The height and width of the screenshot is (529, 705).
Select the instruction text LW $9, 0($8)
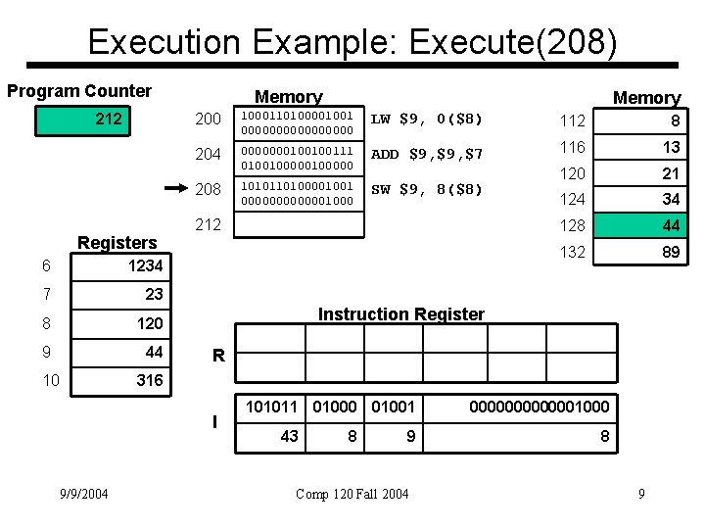coord(423,120)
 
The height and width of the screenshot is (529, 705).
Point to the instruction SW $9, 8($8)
coord(427,189)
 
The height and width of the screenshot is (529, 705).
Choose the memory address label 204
coord(209,155)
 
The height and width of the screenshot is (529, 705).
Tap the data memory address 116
coord(573,146)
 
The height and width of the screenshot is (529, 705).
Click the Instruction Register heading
coord(401,314)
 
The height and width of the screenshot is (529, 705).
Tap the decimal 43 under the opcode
coord(290,436)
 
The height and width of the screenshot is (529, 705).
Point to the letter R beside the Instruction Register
coord(218,359)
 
